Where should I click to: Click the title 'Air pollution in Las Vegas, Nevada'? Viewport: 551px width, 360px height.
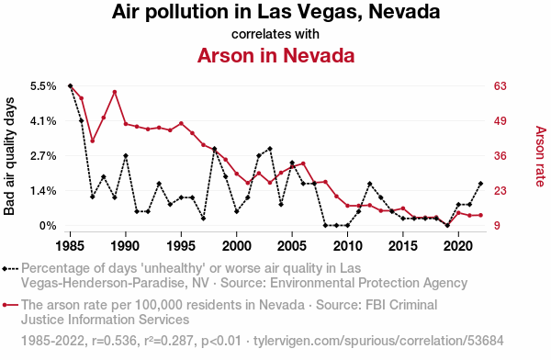pos(275,12)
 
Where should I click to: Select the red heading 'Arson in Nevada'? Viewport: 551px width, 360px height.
pos(275,55)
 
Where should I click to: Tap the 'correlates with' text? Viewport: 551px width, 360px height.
pos(275,34)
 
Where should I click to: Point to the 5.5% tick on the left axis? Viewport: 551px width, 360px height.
pos(43,86)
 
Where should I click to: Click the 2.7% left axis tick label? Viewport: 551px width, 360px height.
pos(43,156)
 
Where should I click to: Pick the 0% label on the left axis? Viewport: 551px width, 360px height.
pos(48,226)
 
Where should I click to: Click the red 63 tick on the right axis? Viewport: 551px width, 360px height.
pos(500,86)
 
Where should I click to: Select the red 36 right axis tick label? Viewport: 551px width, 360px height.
pos(500,156)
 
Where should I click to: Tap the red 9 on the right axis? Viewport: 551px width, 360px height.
pos(497,226)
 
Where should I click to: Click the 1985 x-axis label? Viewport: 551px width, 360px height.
pos(71,246)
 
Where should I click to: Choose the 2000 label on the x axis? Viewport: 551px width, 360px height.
pos(237,246)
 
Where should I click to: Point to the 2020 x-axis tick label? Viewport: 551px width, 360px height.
pos(458,246)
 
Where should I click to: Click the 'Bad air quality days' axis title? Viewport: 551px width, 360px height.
pos(9,156)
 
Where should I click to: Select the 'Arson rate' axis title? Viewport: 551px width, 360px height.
pos(540,156)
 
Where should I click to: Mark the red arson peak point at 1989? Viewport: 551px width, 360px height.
pos(115,92)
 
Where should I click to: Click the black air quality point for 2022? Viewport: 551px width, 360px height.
pos(480,184)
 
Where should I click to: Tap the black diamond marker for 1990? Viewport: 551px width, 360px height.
pos(126,155)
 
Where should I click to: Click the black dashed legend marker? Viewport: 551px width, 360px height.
pos(10,269)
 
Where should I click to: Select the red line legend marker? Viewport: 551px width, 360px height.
pos(10,305)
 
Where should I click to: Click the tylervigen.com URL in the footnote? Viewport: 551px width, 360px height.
pos(378,341)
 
